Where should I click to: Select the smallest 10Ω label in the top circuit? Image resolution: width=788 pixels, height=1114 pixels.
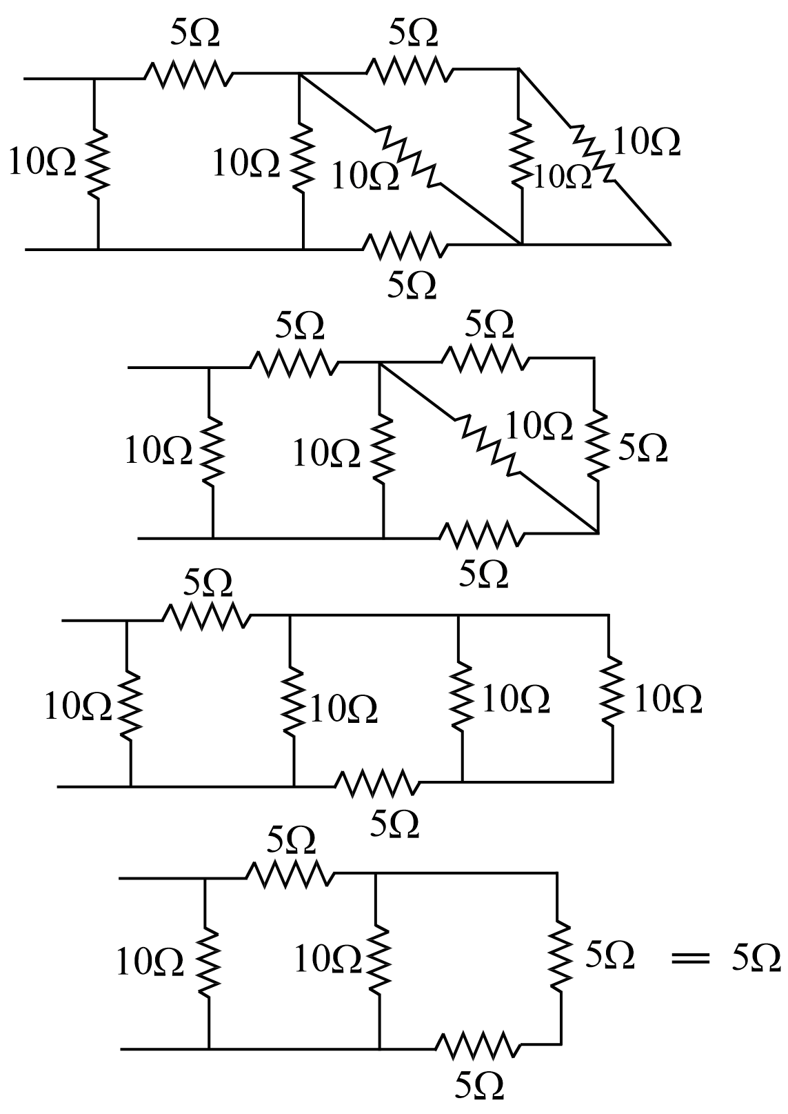(563, 177)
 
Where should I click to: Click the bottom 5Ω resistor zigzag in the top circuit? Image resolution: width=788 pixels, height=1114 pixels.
(402, 246)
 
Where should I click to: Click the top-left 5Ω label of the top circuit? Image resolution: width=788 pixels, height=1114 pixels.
(195, 33)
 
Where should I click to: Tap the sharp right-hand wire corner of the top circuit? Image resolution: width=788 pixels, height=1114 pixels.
(668, 243)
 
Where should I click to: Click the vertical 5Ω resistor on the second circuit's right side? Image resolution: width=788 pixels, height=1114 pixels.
(597, 446)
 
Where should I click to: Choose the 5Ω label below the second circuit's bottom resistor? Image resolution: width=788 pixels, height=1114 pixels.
(483, 573)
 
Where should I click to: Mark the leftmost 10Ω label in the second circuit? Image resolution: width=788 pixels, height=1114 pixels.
(158, 452)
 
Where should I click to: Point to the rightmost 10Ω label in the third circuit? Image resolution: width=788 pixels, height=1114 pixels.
(667, 699)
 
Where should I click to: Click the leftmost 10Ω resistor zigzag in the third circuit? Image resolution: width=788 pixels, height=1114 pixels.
(129, 704)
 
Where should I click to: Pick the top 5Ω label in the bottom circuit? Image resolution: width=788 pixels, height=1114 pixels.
(290, 840)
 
